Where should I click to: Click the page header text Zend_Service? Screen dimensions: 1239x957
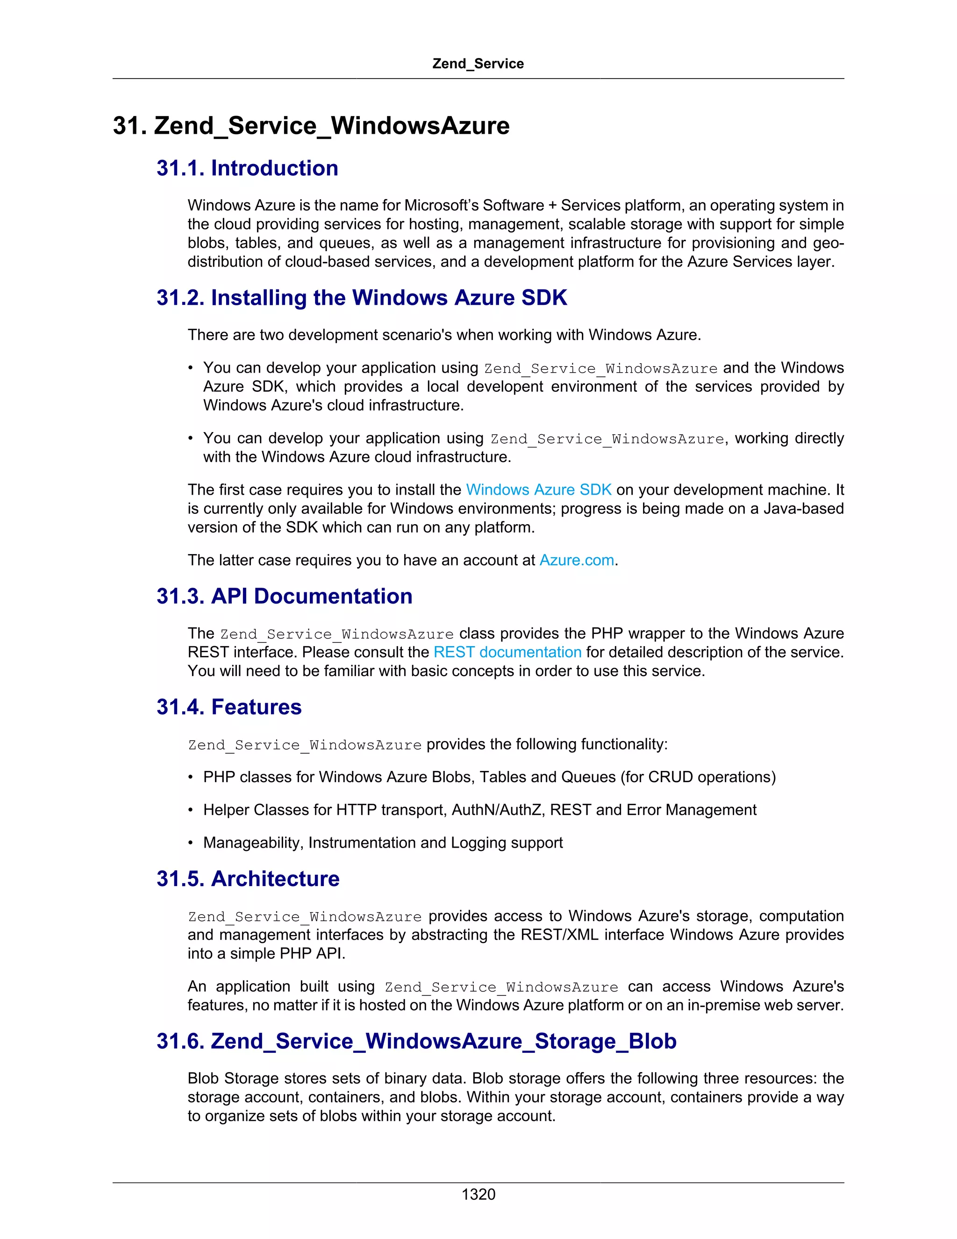pyautogui.click(x=478, y=64)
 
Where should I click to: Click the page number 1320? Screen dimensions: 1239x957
pyautogui.click(x=478, y=1194)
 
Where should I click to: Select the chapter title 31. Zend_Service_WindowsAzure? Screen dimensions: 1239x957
pyautogui.click(x=311, y=125)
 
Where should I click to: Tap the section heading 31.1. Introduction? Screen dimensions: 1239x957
pyautogui.click(x=247, y=168)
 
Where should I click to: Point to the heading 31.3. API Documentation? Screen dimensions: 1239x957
pyautogui.click(x=284, y=596)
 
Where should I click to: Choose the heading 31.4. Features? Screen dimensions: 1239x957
pyautogui.click(x=229, y=707)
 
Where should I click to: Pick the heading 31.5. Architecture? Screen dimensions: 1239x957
pyautogui.click(x=248, y=879)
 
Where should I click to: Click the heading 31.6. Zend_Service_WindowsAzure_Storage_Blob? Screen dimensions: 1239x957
pyautogui.click(x=416, y=1042)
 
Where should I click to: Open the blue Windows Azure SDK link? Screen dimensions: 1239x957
pyautogui.click(x=539, y=490)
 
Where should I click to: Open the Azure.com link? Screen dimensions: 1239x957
pyautogui.click(x=577, y=561)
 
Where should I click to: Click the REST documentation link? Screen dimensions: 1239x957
pyautogui.click(x=507, y=652)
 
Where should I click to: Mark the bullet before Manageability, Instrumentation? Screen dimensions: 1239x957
pyautogui.click(x=191, y=843)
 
